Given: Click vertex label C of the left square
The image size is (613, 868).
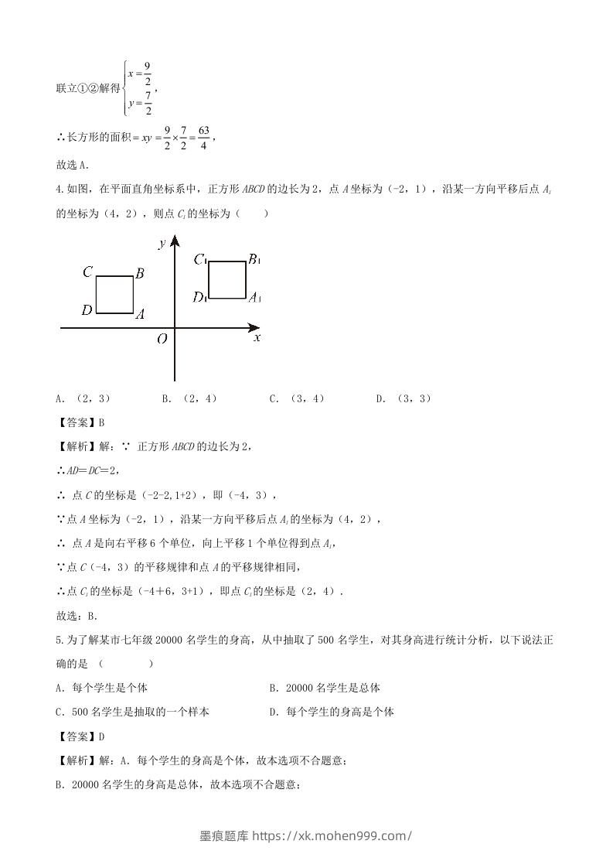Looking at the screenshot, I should [x=88, y=272].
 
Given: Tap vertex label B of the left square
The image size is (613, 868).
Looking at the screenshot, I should [x=140, y=272].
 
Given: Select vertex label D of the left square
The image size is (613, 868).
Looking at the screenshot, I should [x=87, y=310].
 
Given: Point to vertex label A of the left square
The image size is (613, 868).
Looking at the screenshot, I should [x=140, y=314].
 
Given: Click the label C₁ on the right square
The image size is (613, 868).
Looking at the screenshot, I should [x=200, y=259].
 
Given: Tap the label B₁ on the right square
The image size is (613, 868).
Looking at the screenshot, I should [x=254, y=259].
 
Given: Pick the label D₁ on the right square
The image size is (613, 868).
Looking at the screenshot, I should [x=199, y=297].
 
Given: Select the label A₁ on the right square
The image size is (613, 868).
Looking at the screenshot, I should [x=255, y=297].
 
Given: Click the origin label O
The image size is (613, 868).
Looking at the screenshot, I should [x=162, y=339].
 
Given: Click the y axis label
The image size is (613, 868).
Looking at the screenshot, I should [x=162, y=244].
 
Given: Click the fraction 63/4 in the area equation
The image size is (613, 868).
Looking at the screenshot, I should [x=203, y=138].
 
